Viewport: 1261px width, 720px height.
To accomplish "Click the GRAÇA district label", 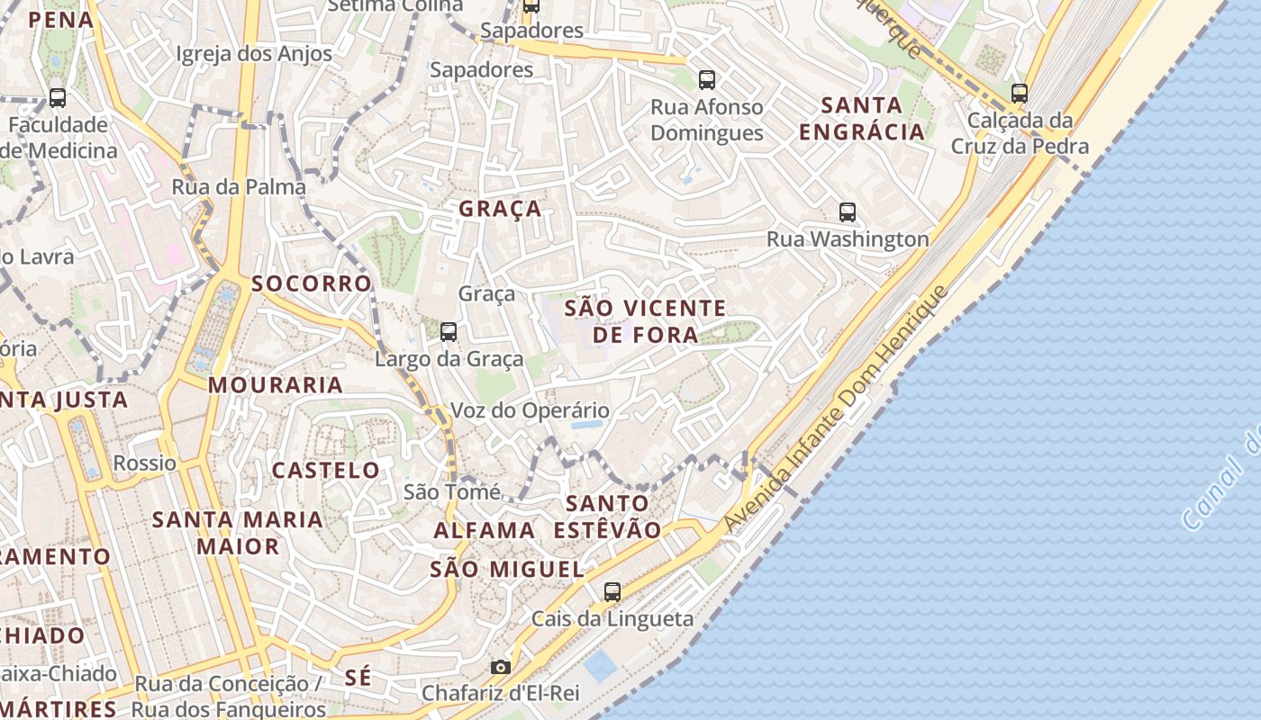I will point(500,209).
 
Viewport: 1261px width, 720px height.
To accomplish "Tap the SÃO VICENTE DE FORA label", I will point(645,321).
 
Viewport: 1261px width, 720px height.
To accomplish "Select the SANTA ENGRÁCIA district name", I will point(862,118).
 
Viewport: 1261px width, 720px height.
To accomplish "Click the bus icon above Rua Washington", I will point(848,212).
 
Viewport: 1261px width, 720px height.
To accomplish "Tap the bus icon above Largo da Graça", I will point(449,332).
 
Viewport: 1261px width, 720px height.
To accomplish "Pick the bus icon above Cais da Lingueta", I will point(612,591).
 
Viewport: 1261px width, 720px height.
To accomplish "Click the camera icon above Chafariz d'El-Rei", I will point(501,667).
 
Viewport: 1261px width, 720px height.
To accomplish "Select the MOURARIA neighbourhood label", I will point(276,385).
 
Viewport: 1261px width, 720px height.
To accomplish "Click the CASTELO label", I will point(326,470).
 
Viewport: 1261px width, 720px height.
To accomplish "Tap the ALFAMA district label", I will point(485,530).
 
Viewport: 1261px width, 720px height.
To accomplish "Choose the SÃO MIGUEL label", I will point(507,569).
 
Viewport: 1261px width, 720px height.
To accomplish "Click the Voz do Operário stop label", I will point(530,410).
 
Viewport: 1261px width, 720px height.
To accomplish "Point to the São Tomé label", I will point(452,491).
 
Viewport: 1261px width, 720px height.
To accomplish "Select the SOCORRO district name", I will point(311,283).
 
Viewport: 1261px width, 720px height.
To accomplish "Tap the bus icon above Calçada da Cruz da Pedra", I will point(1020,93).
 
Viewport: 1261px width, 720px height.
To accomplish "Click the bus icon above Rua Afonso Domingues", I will point(707,80).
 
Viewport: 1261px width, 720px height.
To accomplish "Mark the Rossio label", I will point(145,463).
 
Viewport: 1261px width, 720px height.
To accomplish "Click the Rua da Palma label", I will point(239,187).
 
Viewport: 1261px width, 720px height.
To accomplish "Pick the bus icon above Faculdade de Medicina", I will point(58,98).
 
